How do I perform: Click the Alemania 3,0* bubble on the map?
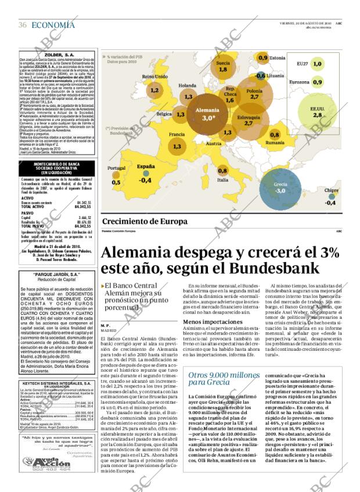[x=191, y=114]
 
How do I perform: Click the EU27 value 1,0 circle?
[x=317, y=64]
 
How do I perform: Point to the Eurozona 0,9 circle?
[x=317, y=82]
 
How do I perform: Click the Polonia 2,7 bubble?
[x=254, y=94]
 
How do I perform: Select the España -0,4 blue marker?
[x=145, y=173]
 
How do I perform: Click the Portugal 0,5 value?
[x=116, y=182]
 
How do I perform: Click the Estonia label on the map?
[x=278, y=58]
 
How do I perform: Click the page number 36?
[x=23, y=25]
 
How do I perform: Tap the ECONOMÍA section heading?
[x=53, y=24]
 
